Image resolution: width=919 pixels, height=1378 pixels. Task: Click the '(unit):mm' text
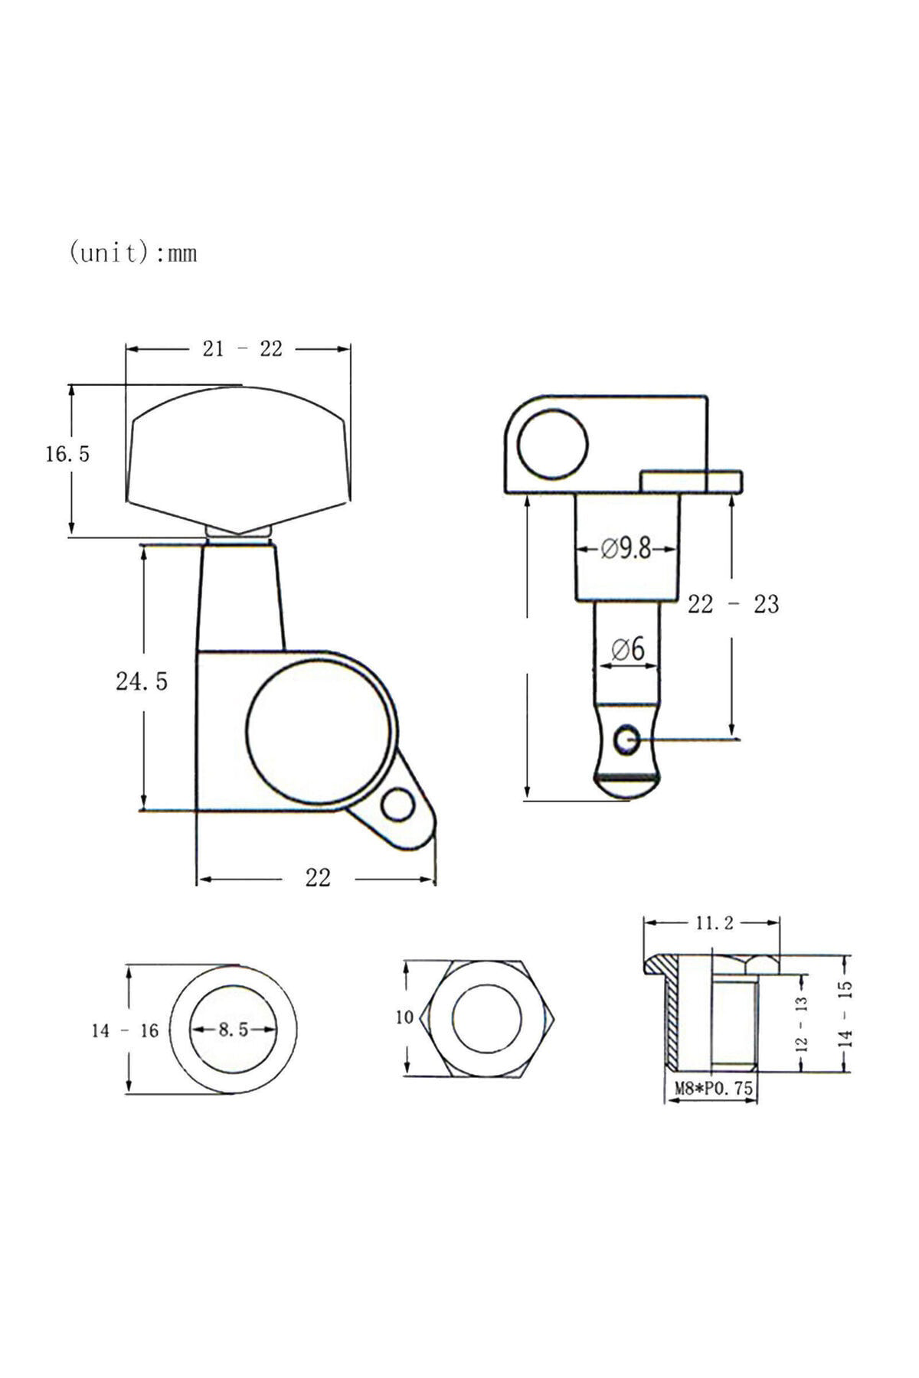click(x=132, y=253)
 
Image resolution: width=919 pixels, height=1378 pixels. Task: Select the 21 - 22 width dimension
click(x=242, y=349)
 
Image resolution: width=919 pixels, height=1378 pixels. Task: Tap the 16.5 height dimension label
click(x=67, y=455)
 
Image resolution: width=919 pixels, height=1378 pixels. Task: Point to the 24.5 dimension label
click(x=141, y=681)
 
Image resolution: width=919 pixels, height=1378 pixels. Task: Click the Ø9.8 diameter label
click(x=626, y=549)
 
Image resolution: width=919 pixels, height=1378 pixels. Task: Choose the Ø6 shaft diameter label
click(x=628, y=649)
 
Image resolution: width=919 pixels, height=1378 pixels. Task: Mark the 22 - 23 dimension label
click(x=733, y=604)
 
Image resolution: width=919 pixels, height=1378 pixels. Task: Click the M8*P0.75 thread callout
click(x=713, y=1087)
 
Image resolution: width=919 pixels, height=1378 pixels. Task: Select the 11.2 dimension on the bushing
click(x=714, y=923)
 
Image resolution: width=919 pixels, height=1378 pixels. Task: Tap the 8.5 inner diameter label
click(x=233, y=1030)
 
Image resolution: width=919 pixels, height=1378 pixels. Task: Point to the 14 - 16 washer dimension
click(x=125, y=1031)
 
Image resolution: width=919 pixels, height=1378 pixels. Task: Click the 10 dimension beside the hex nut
click(x=404, y=1017)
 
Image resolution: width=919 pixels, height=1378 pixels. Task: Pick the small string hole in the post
click(x=628, y=740)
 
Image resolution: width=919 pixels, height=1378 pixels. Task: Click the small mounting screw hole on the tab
click(x=398, y=805)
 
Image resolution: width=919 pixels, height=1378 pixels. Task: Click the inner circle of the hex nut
click(x=487, y=1019)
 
